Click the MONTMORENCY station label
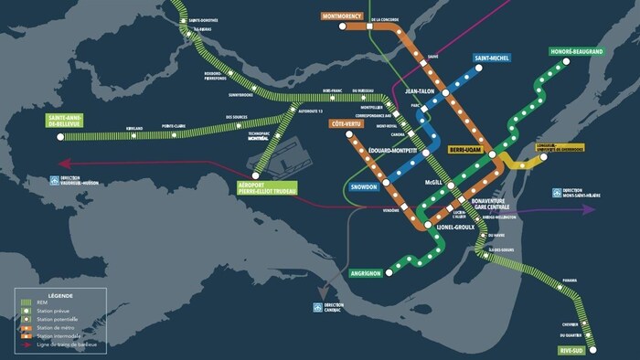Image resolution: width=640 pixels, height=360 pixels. tap(343, 16)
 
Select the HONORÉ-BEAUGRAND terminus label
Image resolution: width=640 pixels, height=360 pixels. tap(577, 51)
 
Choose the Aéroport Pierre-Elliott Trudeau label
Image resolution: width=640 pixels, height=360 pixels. tap(255, 187)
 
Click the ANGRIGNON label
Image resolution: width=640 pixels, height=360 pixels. tap(371, 273)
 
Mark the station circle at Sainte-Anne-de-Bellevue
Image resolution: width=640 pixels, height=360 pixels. tap(61, 137)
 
